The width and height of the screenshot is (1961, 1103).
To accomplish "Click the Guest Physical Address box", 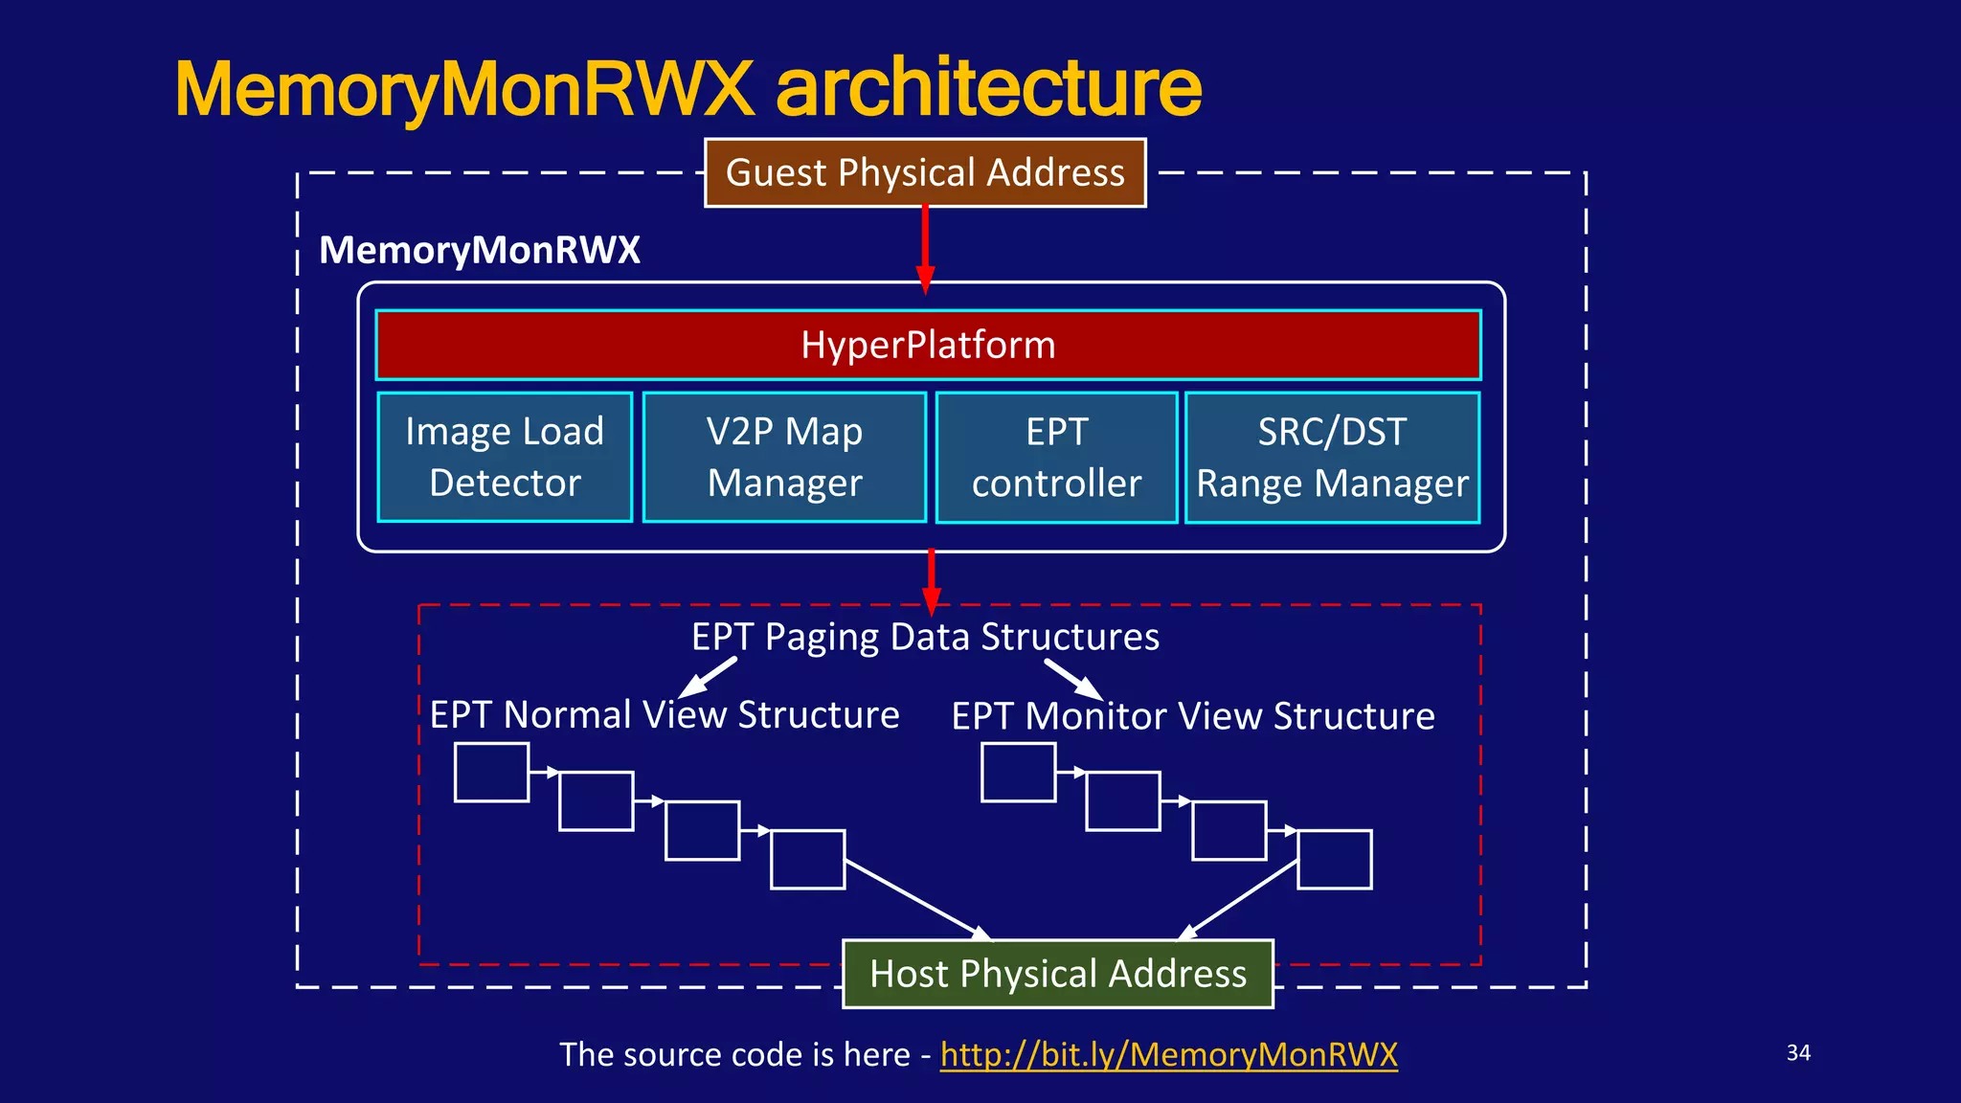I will (x=925, y=173).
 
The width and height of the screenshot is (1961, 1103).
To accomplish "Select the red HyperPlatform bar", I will (x=928, y=345).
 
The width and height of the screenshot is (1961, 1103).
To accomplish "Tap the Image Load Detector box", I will (x=505, y=457).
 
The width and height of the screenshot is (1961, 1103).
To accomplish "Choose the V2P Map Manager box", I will (x=784, y=457).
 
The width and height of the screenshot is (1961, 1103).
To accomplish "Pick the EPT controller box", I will (x=1056, y=458).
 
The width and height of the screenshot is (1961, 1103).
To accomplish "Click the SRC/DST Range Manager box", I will (x=1332, y=458).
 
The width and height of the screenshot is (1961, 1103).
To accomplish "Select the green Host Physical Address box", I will (x=1057, y=974).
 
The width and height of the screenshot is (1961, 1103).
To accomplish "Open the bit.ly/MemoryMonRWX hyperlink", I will (x=1168, y=1054).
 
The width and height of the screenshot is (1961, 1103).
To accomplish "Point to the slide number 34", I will (x=1798, y=1052).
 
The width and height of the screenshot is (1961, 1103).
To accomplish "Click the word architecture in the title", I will (x=988, y=88).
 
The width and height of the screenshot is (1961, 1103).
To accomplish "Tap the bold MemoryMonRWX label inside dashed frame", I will (x=479, y=250).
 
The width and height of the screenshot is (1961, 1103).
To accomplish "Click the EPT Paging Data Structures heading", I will (x=925, y=637).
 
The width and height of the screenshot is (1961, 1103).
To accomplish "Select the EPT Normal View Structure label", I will (x=665, y=715).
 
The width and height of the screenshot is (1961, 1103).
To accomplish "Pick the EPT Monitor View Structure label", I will (x=1193, y=716).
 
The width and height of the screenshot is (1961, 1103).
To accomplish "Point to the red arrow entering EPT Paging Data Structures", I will (x=931, y=580).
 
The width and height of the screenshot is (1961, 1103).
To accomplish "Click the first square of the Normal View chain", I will (x=491, y=772).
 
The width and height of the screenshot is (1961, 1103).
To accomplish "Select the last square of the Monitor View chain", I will (x=1334, y=860).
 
